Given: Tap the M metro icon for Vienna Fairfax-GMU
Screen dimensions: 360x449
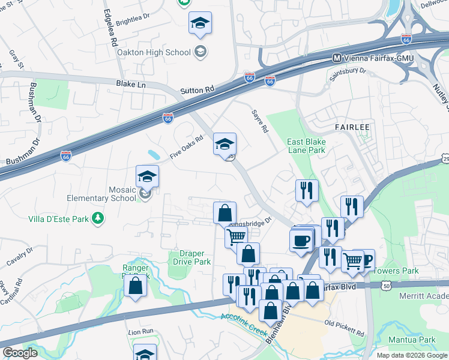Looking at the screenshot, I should click(337, 58).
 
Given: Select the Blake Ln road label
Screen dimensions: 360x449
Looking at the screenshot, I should click(131, 85).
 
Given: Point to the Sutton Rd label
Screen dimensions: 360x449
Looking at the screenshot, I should click(197, 91).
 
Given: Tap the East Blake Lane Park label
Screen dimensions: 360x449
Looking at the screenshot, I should click(306, 145).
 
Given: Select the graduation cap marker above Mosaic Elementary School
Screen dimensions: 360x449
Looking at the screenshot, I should click(147, 177).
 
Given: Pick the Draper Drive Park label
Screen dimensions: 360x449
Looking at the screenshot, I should click(192, 257).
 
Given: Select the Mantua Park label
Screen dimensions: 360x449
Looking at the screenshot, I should click(418, 340).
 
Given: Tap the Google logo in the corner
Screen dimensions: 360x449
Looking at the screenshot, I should click(20, 353).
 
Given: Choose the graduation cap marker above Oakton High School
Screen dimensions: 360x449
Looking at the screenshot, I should click(200, 23).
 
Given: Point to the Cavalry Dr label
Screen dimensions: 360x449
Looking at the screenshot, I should click(22, 259).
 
